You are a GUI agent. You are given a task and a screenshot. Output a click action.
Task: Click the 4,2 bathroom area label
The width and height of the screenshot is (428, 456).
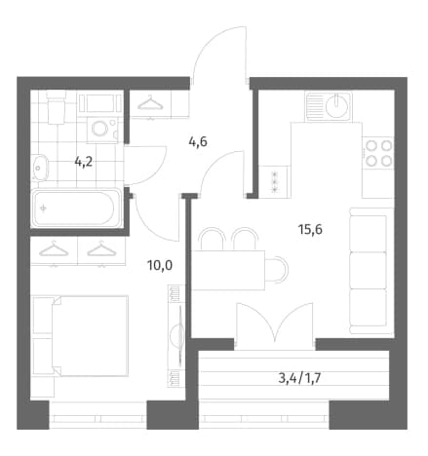point(84,162)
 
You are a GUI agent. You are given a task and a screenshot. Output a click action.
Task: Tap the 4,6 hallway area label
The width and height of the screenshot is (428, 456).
point(198,142)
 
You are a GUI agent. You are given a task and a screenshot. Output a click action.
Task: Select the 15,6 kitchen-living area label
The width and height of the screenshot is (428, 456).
point(310,230)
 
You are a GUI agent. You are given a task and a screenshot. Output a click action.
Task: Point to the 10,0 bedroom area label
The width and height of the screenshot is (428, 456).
point(160,266)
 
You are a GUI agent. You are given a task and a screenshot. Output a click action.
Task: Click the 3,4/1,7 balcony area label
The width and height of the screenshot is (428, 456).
point(299,378)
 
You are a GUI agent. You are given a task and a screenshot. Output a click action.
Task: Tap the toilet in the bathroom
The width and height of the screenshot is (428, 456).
point(57,108)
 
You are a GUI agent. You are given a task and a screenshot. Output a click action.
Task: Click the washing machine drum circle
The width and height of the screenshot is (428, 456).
point(99,129)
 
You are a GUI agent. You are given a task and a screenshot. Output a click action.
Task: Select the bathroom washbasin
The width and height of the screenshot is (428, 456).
point(40,168)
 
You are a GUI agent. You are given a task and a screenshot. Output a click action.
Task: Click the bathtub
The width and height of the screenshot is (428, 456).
point(76,209)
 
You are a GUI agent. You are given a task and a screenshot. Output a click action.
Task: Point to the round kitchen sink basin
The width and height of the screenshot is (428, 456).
point(336,106)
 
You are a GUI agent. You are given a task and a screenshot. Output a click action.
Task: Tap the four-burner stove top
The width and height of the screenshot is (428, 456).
point(378,153)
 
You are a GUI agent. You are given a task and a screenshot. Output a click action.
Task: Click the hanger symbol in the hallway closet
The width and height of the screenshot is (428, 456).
point(150,102)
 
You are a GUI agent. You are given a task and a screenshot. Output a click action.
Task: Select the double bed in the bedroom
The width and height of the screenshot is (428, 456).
point(80,336)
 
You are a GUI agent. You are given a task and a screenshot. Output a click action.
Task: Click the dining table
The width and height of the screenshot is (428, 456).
point(228,270)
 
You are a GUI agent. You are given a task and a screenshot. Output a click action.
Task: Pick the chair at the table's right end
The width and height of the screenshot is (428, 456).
point(276,270)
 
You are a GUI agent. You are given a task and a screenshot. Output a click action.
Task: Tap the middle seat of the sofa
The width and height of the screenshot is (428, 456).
point(369,271)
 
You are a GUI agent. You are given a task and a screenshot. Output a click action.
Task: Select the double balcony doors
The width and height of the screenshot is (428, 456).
point(275,326)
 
